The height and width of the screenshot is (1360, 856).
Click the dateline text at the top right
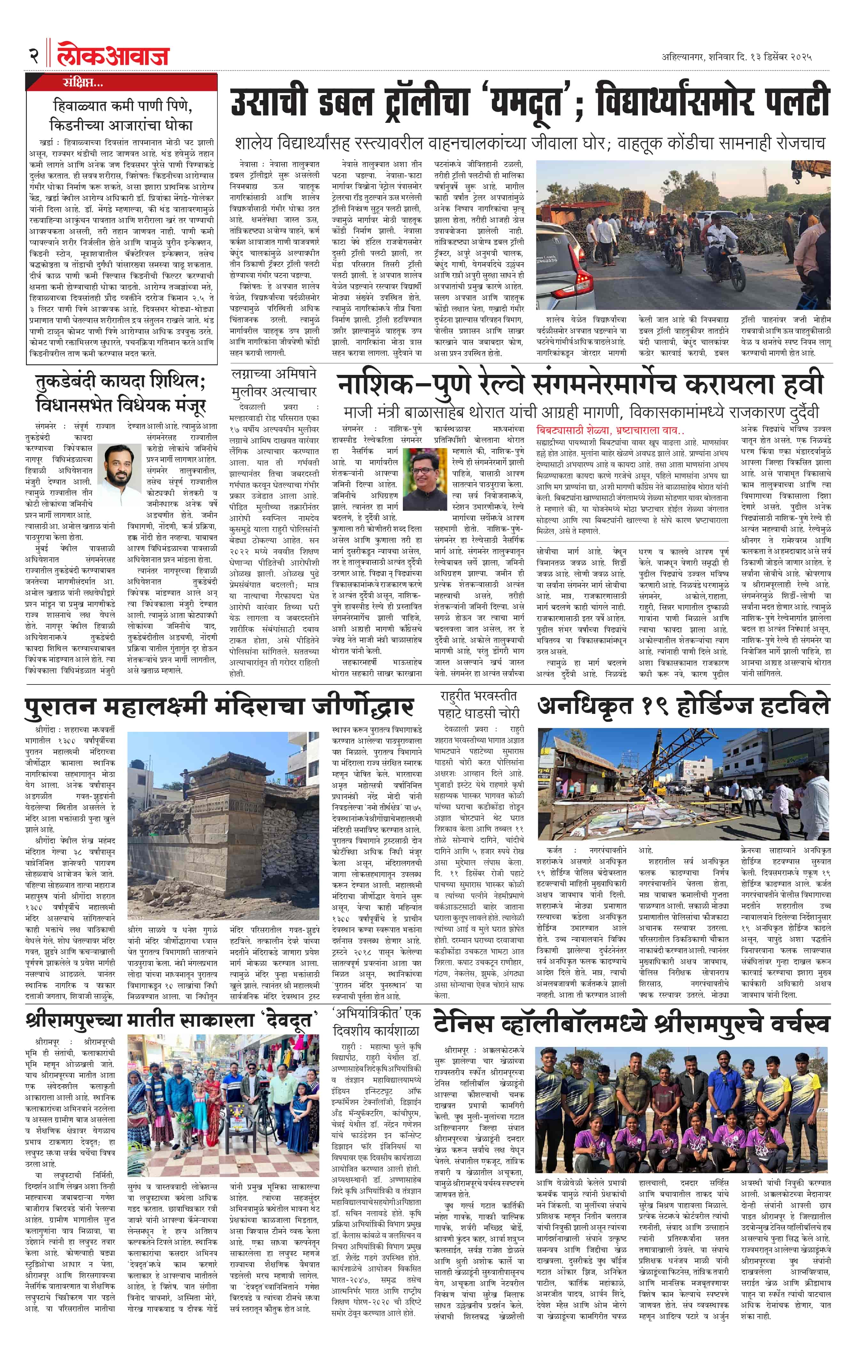coord(736,57)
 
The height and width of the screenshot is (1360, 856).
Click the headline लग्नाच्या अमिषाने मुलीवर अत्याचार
coord(274,382)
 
